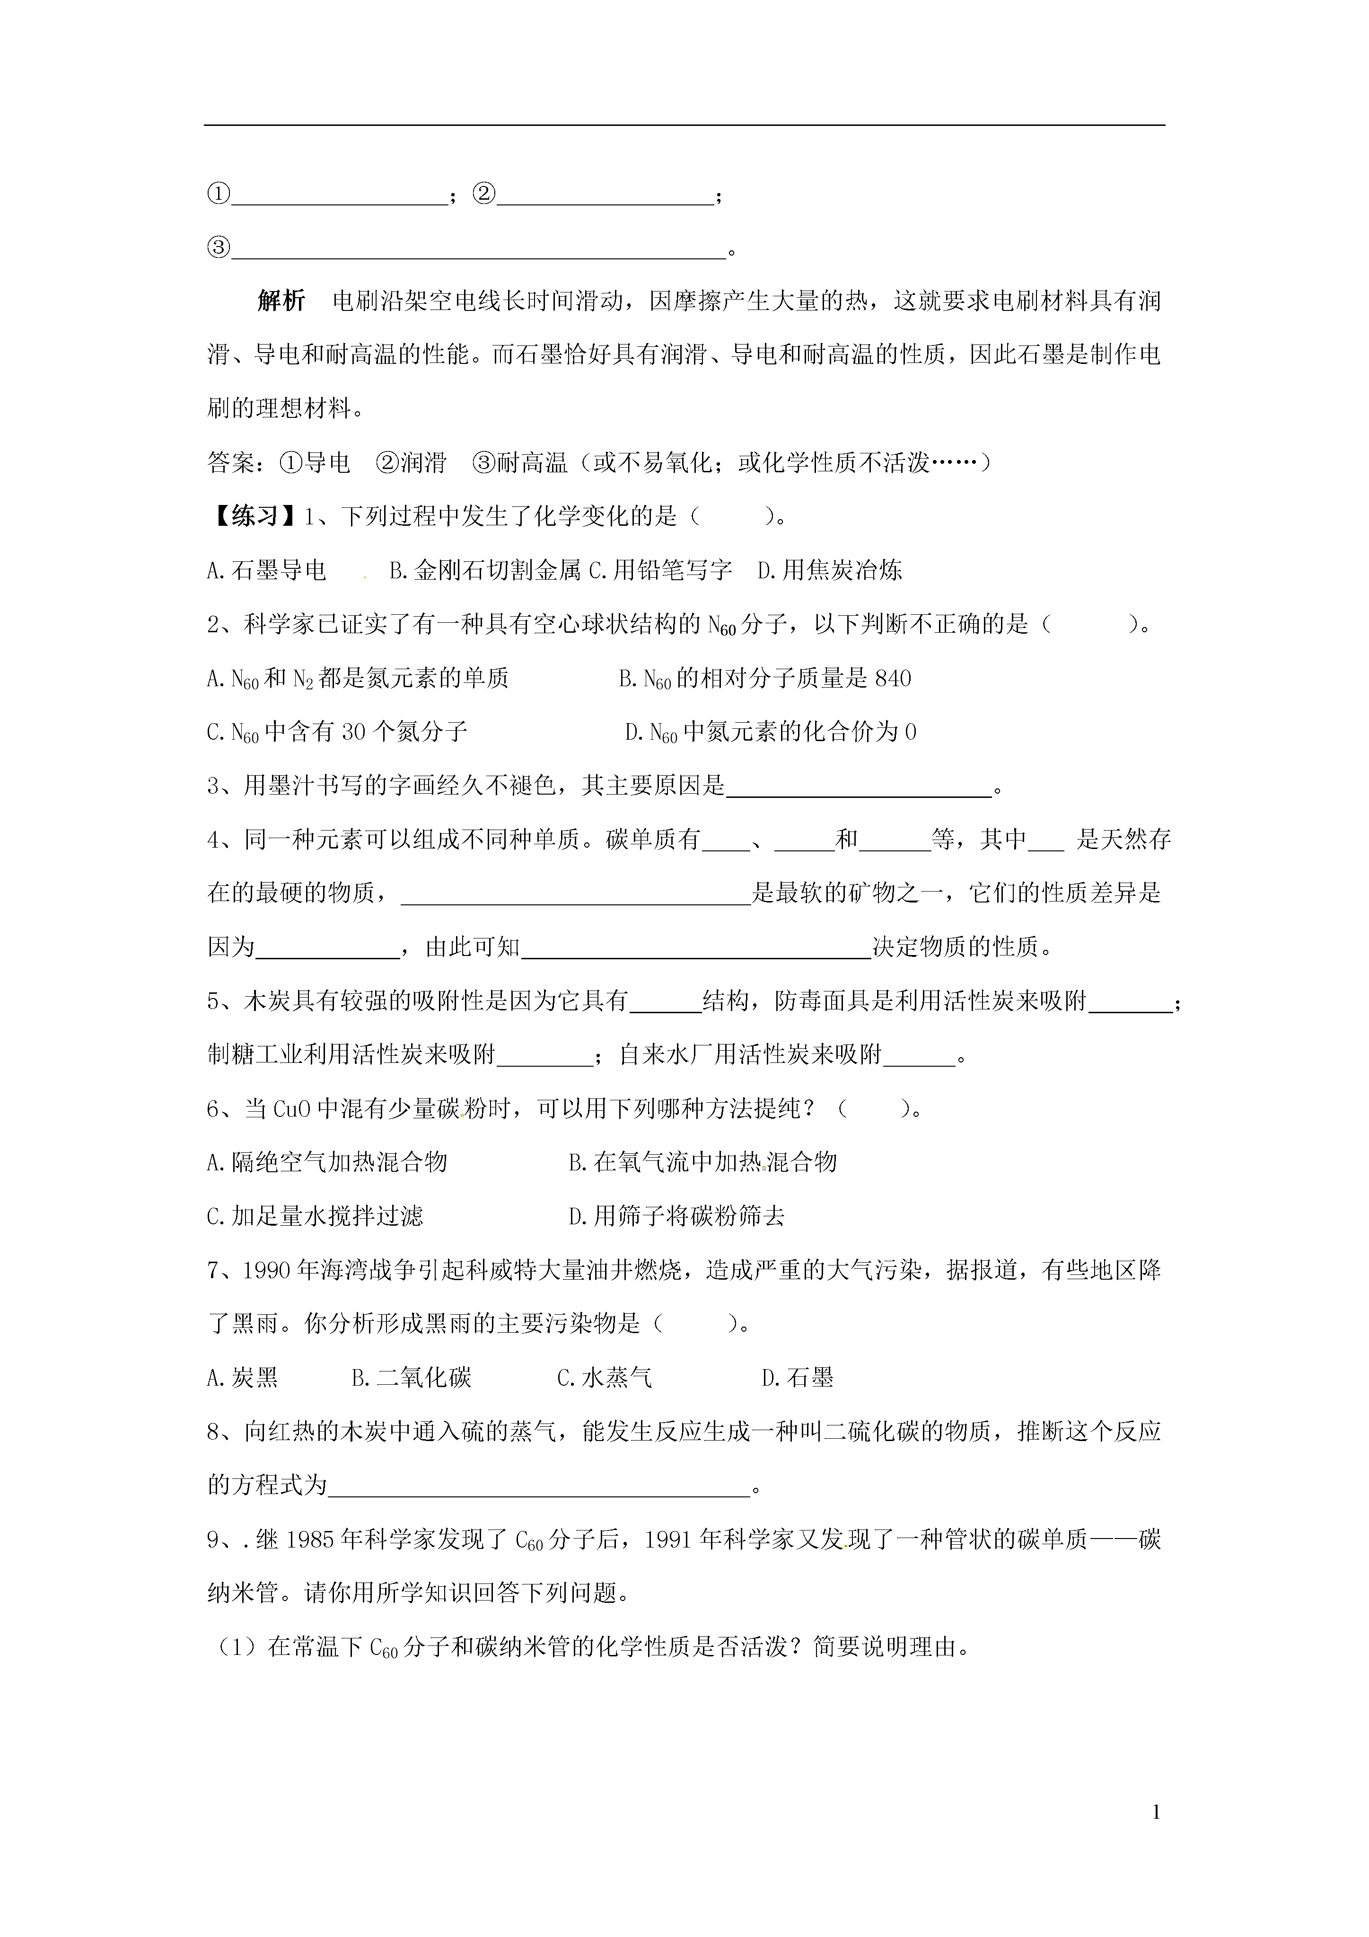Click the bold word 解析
pos(281,301)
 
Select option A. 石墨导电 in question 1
pos(266,571)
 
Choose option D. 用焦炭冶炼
pos(830,571)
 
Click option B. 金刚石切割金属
pos(485,571)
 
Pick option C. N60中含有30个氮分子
pos(337,732)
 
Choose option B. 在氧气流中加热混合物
pos(702,1163)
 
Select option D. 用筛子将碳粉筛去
pos(677,1217)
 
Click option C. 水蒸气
pos(605,1379)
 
